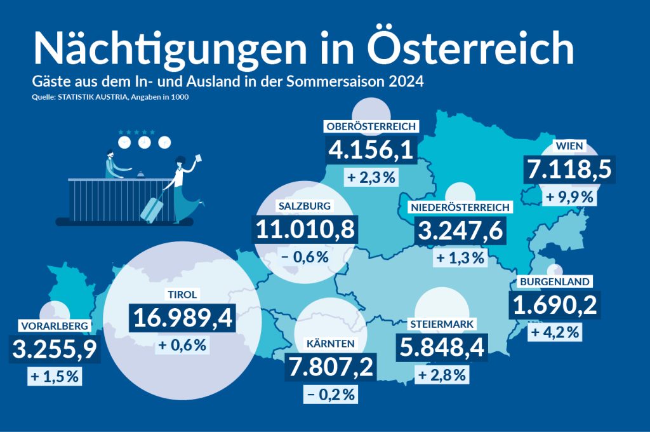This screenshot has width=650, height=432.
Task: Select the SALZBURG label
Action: tap(305, 206)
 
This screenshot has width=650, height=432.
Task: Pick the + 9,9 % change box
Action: tap(570, 198)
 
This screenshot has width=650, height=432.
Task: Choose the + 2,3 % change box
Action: tap(371, 177)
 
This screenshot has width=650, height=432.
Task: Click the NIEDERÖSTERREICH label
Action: tap(460, 208)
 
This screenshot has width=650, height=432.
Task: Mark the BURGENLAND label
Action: tap(555, 281)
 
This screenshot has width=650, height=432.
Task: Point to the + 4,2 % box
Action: tap(554, 332)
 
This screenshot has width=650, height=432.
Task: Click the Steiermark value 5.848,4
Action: tap(442, 348)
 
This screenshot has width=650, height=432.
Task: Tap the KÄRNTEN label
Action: tap(330, 344)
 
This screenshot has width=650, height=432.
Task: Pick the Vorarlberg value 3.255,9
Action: tap(53, 350)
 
